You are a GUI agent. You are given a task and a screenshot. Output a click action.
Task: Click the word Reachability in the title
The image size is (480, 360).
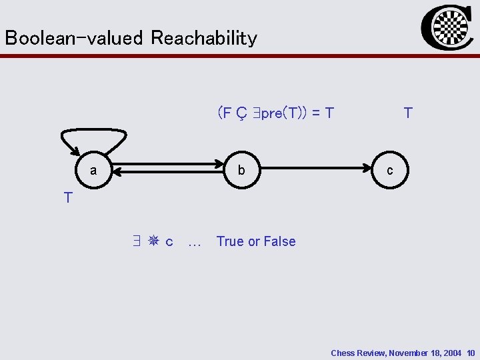point(203,38)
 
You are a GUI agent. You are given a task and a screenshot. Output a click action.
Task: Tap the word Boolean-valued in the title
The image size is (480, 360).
point(74,38)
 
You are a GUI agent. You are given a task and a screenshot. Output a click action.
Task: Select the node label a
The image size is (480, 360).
point(93,171)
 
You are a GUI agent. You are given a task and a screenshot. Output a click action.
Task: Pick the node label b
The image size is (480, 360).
point(241,171)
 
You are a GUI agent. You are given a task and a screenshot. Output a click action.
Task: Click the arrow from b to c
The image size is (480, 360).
point(317,171)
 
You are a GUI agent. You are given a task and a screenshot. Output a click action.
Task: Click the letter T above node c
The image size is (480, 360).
point(408,113)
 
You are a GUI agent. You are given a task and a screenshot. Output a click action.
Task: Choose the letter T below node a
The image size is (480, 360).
point(68,197)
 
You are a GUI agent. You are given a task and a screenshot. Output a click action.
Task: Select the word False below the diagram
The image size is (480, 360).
point(279,241)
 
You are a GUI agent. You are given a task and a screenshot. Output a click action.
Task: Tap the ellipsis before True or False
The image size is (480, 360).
point(195,243)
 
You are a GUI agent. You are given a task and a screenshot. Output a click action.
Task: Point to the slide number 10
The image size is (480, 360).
point(471,353)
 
